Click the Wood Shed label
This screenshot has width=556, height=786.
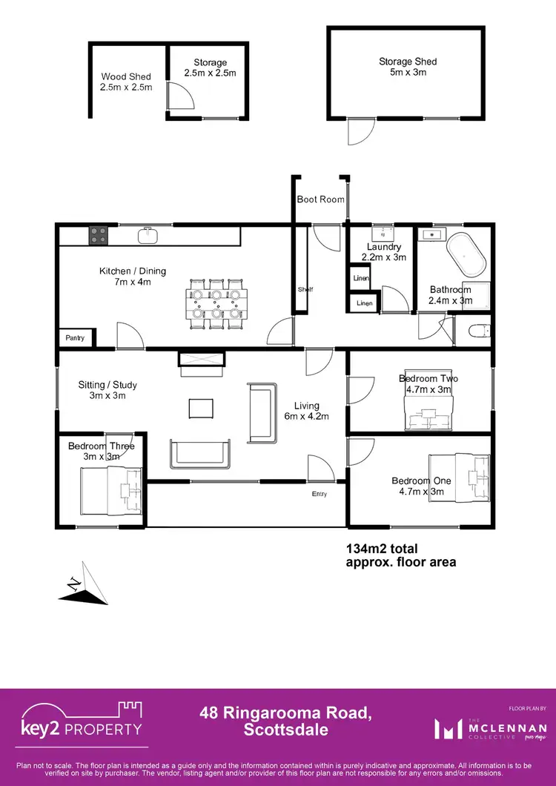(126, 82)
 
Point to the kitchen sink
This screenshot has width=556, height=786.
(148, 236)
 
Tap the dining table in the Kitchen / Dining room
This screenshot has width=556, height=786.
(215, 303)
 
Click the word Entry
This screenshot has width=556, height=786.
(319, 495)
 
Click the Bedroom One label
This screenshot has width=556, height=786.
(421, 486)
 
